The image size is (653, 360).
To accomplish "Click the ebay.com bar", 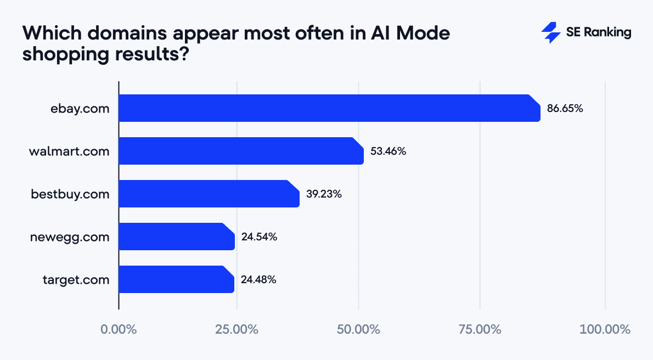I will click(x=329, y=108).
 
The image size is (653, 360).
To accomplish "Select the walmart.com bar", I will click(x=241, y=151).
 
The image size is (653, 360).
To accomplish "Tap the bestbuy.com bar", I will click(x=209, y=194).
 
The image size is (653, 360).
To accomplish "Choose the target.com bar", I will click(x=176, y=279).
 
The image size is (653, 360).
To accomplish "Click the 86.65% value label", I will click(x=565, y=109).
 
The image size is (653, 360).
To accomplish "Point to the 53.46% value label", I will click(x=388, y=151).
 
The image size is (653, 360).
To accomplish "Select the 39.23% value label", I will click(x=324, y=194).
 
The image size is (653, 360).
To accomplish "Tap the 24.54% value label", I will click(x=259, y=237).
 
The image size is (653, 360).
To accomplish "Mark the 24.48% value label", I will click(x=258, y=280).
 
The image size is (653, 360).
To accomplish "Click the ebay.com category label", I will click(x=80, y=109).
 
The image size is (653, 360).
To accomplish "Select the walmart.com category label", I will click(x=69, y=151).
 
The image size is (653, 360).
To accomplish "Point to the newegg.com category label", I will click(x=70, y=237).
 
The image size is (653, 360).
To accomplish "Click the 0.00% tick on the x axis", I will click(x=119, y=330).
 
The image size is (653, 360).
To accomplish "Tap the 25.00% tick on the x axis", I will click(x=237, y=330).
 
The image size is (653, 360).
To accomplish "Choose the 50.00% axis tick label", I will click(x=358, y=330).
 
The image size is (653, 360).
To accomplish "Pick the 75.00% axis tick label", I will click(x=480, y=330).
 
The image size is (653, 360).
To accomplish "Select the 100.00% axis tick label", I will click(x=605, y=330).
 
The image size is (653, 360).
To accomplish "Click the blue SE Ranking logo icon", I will click(x=550, y=33).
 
